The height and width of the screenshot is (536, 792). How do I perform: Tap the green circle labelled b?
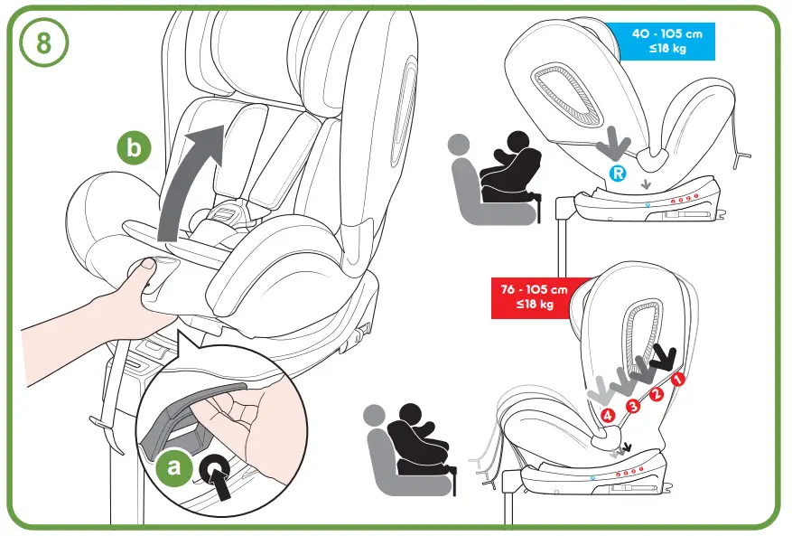[135, 149]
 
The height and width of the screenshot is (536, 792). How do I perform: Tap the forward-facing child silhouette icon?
[415, 442]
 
